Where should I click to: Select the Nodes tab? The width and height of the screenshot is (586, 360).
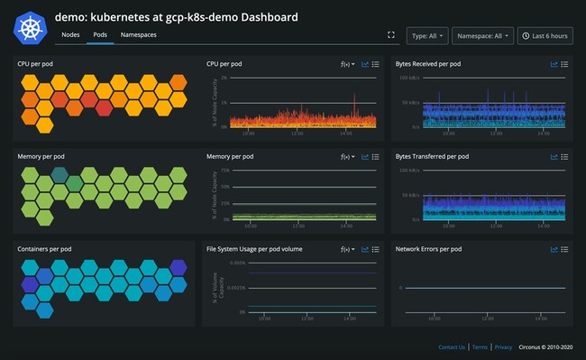(x=70, y=34)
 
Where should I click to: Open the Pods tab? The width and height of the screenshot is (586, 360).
(x=100, y=34)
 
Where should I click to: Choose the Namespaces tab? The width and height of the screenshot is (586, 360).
(x=138, y=34)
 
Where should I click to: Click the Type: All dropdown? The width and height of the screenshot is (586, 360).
(x=426, y=35)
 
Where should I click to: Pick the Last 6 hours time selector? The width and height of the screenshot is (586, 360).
(x=544, y=35)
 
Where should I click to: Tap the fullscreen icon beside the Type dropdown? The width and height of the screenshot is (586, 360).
(x=390, y=35)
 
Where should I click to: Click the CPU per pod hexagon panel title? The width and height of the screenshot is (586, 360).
(x=41, y=64)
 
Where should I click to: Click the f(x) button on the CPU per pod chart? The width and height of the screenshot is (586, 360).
(x=345, y=64)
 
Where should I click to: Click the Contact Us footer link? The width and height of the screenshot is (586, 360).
(x=452, y=346)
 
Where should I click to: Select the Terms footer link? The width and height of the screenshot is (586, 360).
(x=480, y=346)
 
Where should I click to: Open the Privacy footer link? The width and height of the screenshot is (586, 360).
(x=503, y=346)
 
